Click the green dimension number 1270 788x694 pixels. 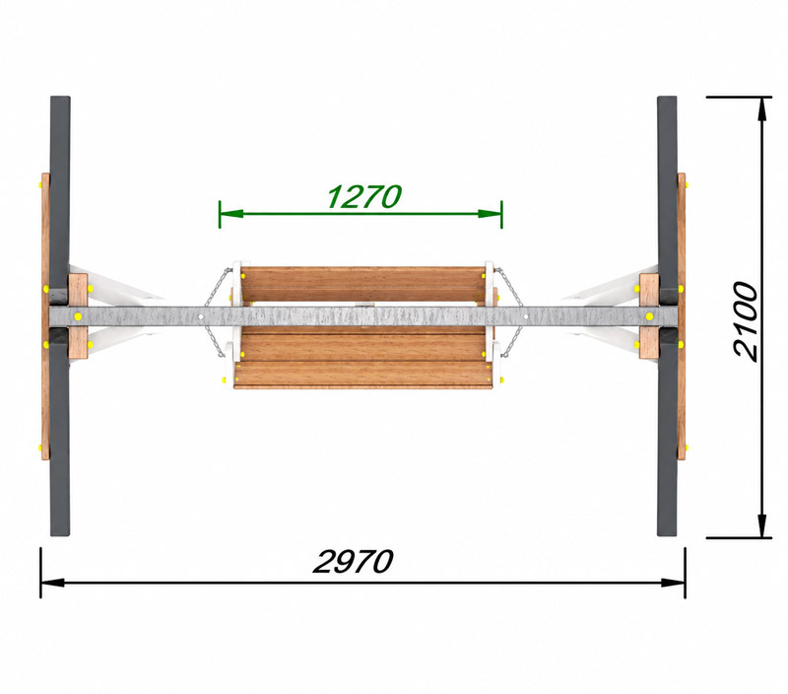363,196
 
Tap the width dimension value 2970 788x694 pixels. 353,561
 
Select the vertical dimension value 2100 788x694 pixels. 745,320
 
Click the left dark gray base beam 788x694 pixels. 60,315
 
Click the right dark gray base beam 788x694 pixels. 668,315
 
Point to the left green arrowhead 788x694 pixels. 231,214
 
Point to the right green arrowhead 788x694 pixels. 490,214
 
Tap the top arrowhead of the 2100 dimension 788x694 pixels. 762,108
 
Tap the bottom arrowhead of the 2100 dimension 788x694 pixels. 762,525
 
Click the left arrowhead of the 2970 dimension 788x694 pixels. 53,583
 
